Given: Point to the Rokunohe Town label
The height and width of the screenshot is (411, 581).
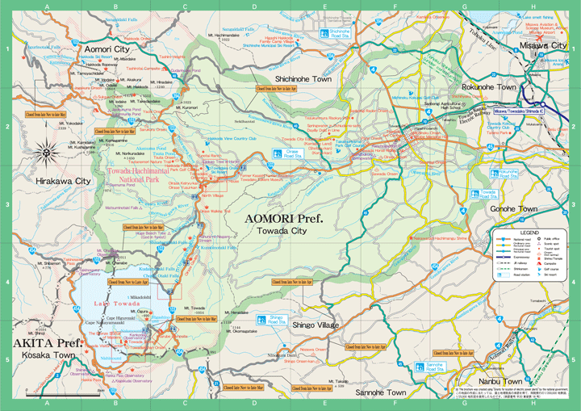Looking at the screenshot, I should [488, 86].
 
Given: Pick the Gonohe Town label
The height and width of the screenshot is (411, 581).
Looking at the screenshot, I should [513, 208].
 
